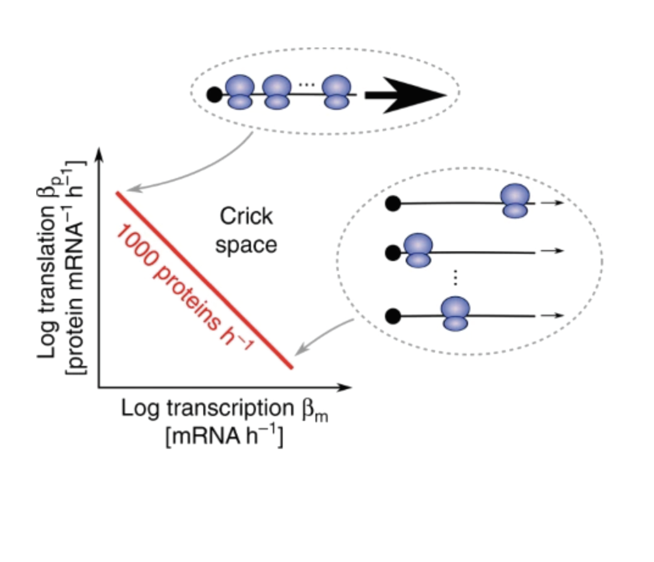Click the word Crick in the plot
246,216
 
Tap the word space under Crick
246,245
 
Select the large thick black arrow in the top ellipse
405,95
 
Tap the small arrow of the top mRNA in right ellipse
551,203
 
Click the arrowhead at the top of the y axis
99,154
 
